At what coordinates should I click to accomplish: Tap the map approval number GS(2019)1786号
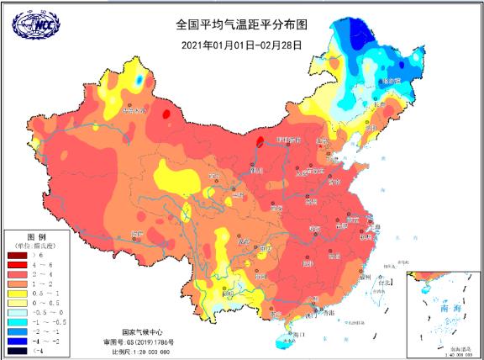click(138, 341)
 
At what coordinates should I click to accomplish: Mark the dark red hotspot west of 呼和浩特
click(260, 142)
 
